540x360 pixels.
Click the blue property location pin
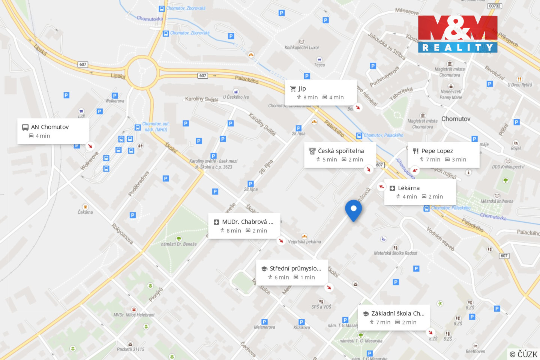point(353,209)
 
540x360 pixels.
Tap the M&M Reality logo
point(457,34)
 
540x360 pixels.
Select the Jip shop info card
point(321,93)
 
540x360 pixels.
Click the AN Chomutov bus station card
point(53,131)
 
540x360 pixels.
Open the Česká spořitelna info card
point(340,155)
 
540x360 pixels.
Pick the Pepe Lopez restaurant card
point(443,155)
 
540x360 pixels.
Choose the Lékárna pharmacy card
point(420,192)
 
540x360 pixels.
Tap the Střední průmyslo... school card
point(292,273)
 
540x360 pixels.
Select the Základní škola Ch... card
point(394,318)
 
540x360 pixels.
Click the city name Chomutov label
point(456,119)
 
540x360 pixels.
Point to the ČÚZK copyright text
point(523,354)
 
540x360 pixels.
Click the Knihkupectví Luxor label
point(302,48)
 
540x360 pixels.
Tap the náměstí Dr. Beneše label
point(179,244)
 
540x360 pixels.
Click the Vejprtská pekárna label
point(304,242)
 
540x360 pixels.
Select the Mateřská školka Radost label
point(396,253)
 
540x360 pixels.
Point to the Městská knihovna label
point(497,201)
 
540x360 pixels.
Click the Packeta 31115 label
point(130,349)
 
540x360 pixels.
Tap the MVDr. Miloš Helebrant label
point(134,315)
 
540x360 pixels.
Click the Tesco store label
point(319,65)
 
